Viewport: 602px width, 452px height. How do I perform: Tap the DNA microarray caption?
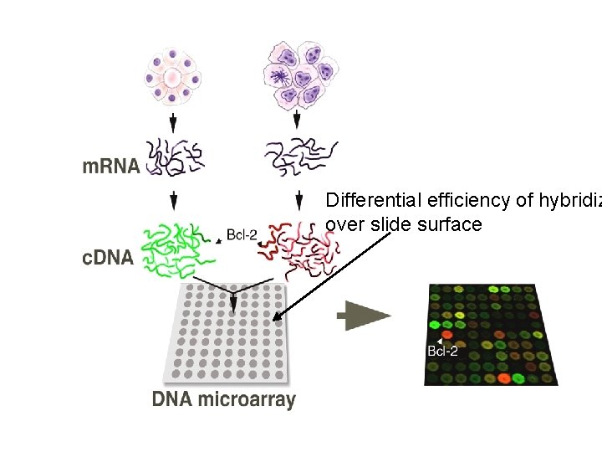pos(223,400)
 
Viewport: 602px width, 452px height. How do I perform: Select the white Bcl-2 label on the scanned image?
pos(442,352)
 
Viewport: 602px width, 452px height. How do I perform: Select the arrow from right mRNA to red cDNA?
pos(299,201)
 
